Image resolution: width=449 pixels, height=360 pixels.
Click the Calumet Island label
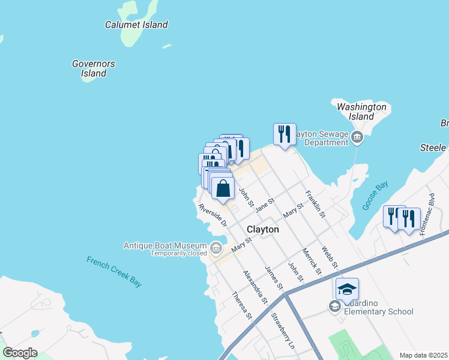136,25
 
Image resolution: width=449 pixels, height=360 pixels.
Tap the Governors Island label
94,68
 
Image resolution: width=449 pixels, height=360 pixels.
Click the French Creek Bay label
114,272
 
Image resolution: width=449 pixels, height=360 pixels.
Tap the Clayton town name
263,229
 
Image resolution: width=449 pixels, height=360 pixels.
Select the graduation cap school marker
347,290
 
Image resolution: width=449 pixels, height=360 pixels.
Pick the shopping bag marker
223,188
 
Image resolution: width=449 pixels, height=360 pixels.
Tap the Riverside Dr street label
213,215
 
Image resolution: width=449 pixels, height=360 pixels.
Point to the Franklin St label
316,204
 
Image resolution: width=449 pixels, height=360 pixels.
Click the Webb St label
329,256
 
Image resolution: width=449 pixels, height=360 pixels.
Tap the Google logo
20,353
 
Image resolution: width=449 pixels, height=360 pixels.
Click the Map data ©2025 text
423,355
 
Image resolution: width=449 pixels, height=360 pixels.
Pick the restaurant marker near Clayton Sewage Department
285,134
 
